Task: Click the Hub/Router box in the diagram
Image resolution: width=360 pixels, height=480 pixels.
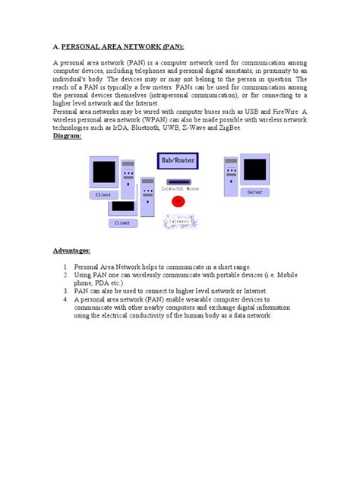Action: (179, 161)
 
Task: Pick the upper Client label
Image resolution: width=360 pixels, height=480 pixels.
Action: (103, 194)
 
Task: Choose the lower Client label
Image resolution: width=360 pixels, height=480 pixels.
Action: (122, 223)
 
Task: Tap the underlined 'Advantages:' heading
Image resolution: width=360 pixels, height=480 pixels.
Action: (71, 251)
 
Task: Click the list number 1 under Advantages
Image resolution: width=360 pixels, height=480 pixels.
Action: (66, 267)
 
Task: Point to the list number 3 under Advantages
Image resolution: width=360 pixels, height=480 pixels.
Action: (66, 290)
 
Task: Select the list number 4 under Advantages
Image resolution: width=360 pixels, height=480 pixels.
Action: (66, 299)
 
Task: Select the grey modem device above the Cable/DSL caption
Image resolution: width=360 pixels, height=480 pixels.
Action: (180, 180)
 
